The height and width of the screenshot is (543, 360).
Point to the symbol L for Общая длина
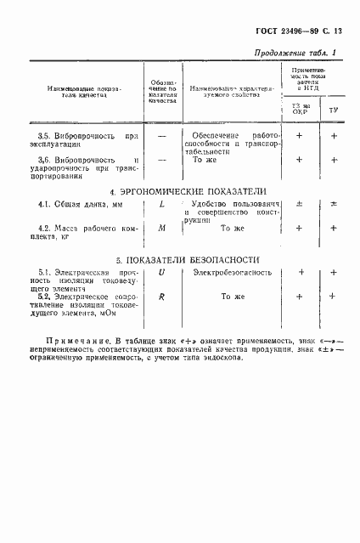(160, 205)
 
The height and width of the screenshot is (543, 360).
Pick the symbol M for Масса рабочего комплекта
(160, 228)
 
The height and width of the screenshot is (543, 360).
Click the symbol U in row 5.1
(160, 272)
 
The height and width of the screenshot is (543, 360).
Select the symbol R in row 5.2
(160, 296)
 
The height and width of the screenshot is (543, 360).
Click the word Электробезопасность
(232, 272)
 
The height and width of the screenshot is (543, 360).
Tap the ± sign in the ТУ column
(334, 205)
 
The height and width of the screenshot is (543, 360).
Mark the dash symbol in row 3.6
(160, 159)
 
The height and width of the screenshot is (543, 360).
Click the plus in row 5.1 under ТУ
(334, 272)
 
